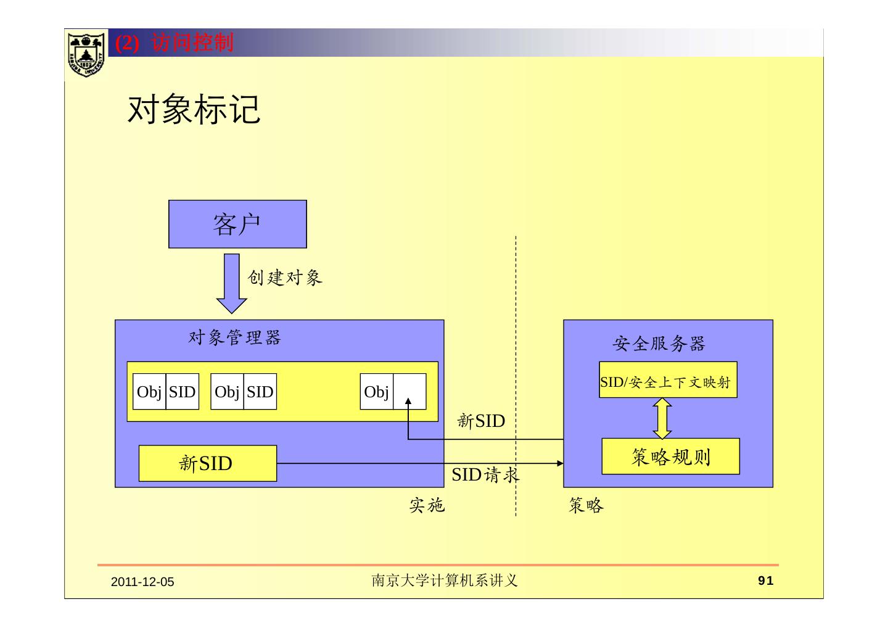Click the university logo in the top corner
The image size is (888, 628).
(86, 54)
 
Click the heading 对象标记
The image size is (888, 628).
(194, 110)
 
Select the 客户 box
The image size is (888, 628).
(237, 224)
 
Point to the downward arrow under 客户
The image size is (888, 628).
(231, 283)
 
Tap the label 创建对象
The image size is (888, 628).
(285, 278)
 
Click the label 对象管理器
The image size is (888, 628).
(234, 337)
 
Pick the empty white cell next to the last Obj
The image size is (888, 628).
(409, 391)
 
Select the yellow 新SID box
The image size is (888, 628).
(207, 463)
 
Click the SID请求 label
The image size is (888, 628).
(485, 474)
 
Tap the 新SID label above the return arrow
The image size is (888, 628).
(481, 421)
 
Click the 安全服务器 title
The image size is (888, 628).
(659, 344)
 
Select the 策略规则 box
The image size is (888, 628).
(670, 457)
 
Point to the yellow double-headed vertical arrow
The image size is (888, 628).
(662, 418)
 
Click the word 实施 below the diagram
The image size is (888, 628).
(427, 506)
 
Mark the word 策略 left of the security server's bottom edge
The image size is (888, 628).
(586, 506)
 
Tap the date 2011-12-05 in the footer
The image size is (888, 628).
(142, 582)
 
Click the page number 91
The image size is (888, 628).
(765, 580)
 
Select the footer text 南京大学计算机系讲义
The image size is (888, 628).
(444, 580)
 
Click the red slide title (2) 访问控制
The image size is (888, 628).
(175, 43)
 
